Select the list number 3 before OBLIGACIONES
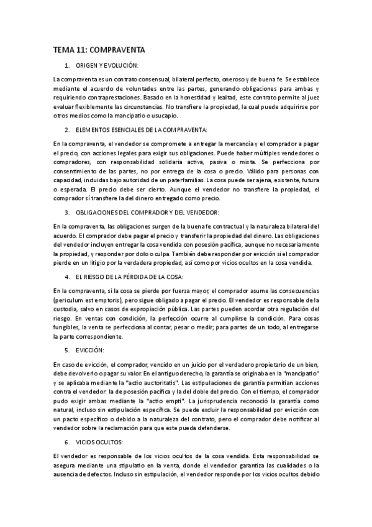point(66,211)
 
